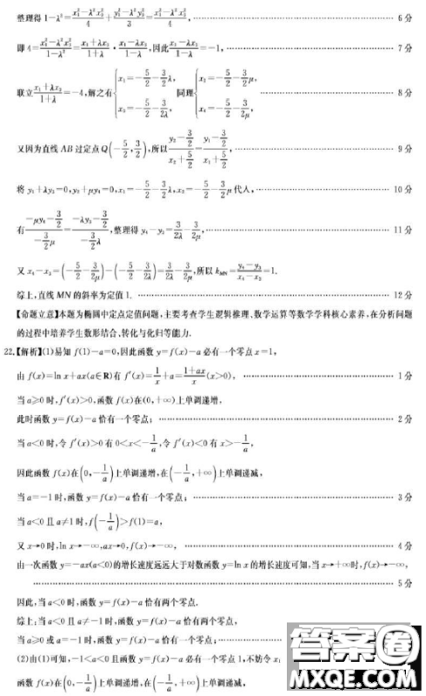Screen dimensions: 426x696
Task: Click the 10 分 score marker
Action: coord(399,188)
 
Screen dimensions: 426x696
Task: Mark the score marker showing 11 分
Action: coord(399,230)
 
